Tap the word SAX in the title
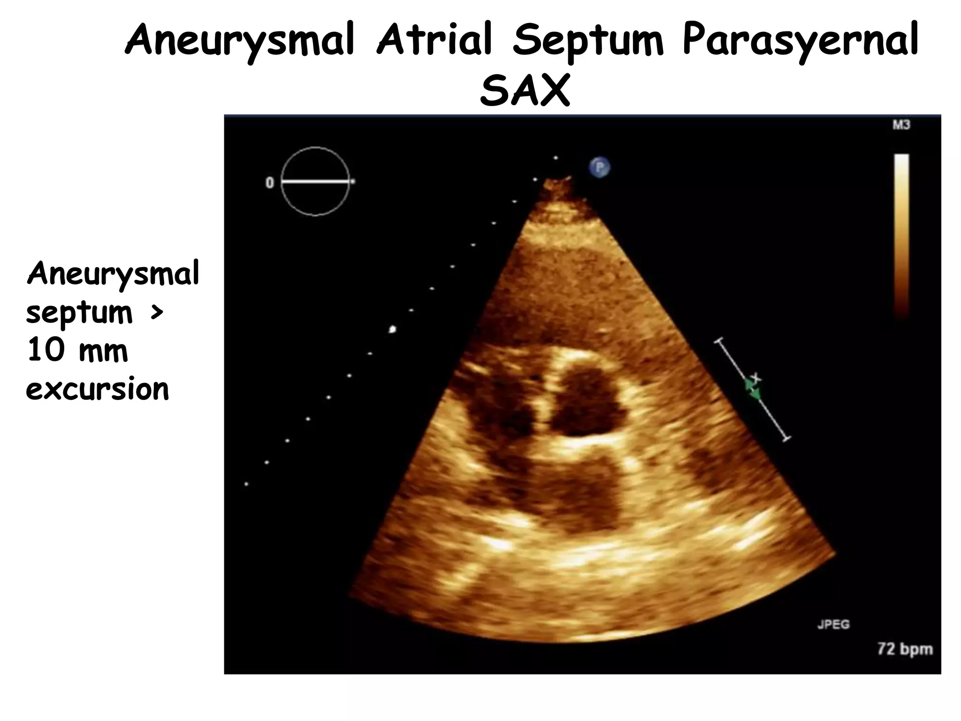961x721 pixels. [x=524, y=90]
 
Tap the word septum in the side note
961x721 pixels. [x=79, y=313]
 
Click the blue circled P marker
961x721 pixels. [x=599, y=167]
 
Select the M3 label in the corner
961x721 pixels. [x=901, y=125]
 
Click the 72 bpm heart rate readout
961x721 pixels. [x=905, y=649]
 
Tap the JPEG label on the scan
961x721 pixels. [x=833, y=624]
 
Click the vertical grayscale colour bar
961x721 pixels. [x=901, y=235]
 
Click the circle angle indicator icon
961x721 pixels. [x=315, y=181]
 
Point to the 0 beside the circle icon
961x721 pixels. [x=270, y=182]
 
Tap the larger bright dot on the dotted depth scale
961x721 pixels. [x=392, y=330]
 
